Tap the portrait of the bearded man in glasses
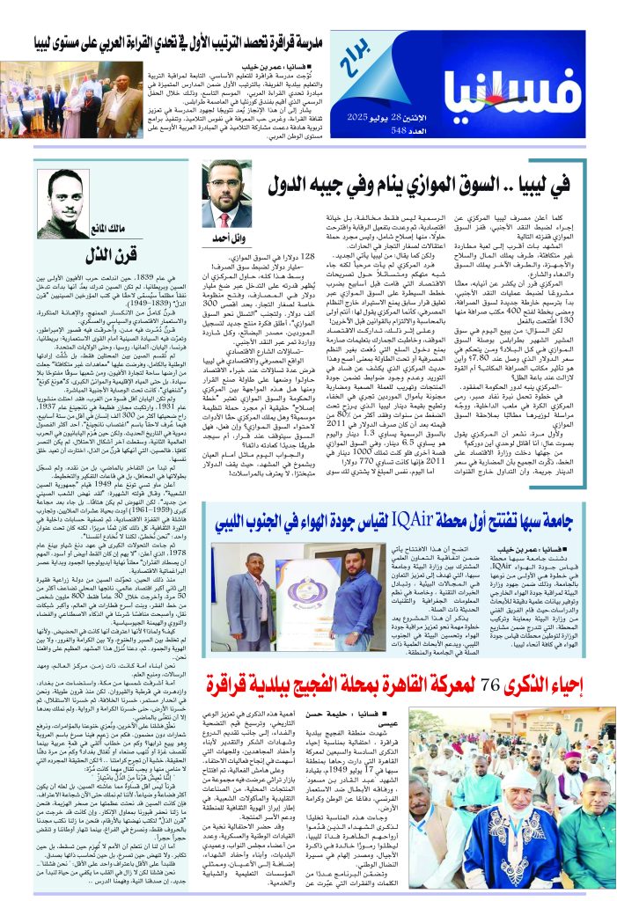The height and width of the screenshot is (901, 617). pos(228,194)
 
